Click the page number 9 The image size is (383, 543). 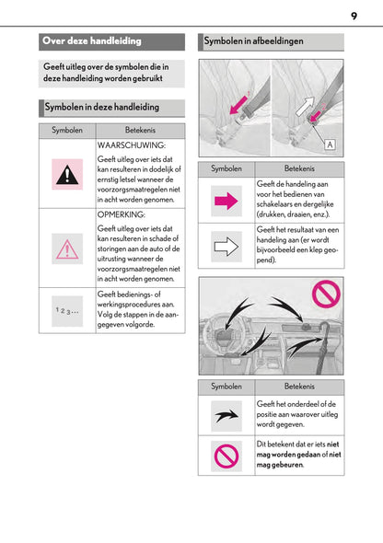354,16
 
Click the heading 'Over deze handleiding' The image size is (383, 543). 92,40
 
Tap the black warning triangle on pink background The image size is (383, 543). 67,174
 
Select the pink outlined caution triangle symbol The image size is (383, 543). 67,249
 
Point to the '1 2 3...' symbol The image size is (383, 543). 67,311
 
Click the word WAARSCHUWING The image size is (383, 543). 132,145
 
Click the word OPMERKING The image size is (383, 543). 122,214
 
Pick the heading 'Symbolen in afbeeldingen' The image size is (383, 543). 253,40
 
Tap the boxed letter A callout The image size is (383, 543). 330,144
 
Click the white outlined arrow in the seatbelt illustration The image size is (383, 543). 305,106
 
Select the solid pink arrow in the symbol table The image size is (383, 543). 226,201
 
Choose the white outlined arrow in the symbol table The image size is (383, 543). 226,247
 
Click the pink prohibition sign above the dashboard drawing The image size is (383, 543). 326,294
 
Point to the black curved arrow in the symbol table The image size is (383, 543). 226,416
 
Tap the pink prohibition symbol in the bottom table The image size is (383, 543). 226,456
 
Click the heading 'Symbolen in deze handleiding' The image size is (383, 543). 102,107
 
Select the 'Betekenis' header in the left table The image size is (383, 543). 140,130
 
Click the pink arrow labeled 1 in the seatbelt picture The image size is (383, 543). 240,104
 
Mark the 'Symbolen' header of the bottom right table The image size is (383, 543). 226,387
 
